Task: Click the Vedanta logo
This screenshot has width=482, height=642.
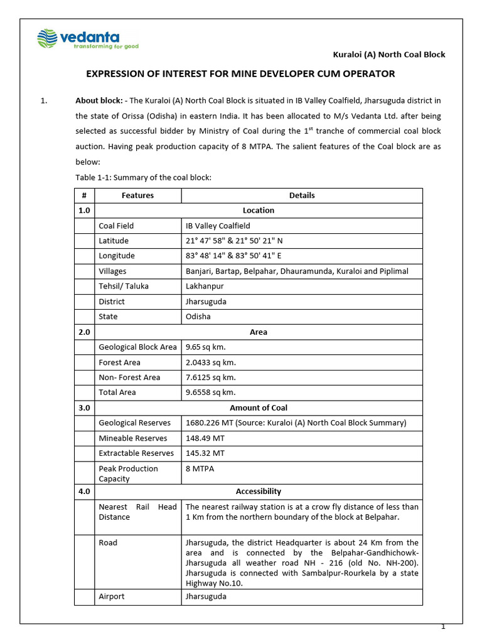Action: click(87, 39)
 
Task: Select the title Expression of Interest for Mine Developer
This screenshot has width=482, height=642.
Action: click(240, 74)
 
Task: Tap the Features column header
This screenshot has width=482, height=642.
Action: click(137, 196)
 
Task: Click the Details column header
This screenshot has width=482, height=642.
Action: click(302, 196)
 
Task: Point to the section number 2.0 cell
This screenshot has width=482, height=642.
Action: click(84, 332)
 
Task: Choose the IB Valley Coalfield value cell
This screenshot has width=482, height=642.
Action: click(218, 226)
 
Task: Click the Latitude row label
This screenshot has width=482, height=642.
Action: click(114, 241)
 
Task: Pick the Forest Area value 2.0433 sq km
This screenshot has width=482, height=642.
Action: click(210, 362)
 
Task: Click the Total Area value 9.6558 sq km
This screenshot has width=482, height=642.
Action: click(210, 392)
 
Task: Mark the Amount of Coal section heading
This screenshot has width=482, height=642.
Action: click(258, 408)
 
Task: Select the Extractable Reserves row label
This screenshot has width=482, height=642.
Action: click(136, 453)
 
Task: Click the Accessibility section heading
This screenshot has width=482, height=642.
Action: click(258, 492)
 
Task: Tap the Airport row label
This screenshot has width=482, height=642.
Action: click(112, 597)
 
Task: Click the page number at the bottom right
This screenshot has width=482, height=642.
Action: click(443, 627)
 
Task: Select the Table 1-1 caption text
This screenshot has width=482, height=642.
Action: click(143, 178)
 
